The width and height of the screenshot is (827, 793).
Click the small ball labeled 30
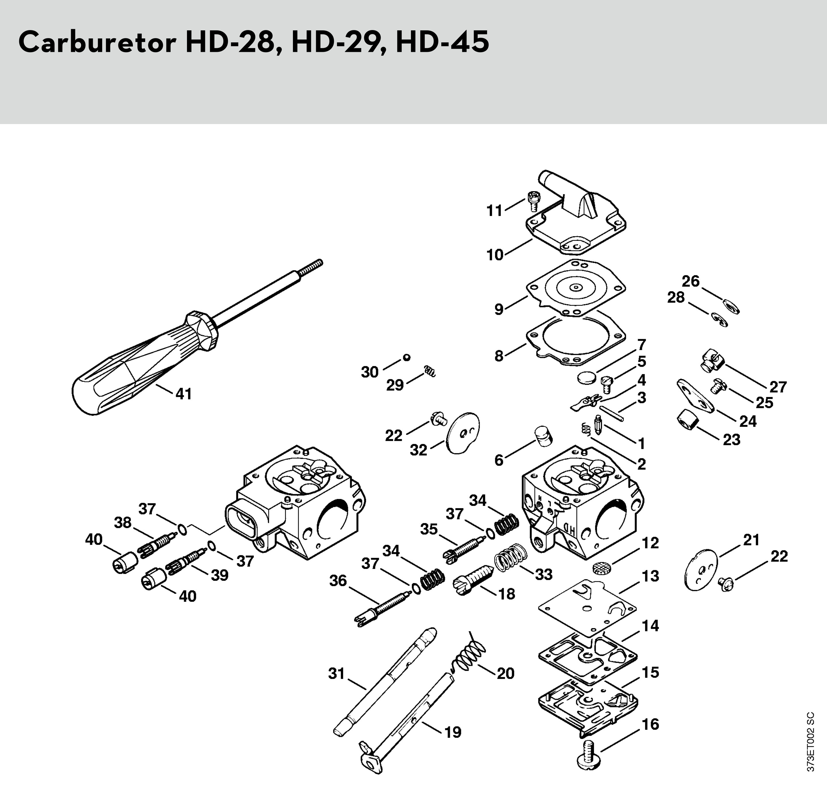click(x=406, y=358)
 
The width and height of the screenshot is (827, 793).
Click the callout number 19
click(x=452, y=733)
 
